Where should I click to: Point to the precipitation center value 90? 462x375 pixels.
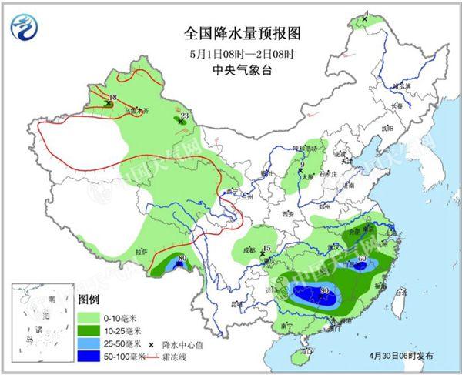pyautogui.click(x=324, y=290)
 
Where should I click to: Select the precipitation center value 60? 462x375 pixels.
pyautogui.click(x=361, y=257)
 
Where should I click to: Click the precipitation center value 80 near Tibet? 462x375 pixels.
pyautogui.click(x=182, y=258)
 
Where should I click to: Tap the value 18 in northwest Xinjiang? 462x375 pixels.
pyautogui.click(x=113, y=97)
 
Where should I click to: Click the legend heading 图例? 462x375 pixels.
pyautogui.click(x=89, y=299)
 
